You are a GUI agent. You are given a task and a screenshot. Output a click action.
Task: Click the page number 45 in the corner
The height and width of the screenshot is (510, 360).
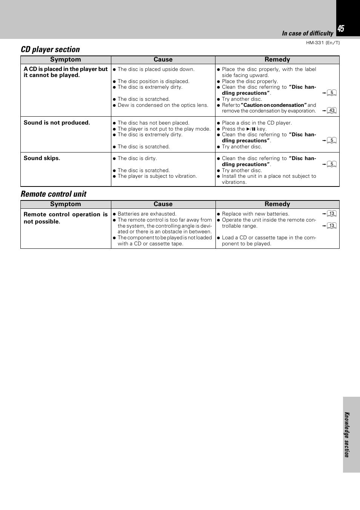point(341,29)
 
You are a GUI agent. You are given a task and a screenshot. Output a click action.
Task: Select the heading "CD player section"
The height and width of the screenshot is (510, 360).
point(50,49)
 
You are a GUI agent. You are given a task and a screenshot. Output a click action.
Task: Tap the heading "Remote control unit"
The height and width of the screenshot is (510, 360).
point(54,194)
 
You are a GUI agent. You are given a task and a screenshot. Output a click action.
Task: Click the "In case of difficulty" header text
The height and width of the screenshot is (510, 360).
point(308,33)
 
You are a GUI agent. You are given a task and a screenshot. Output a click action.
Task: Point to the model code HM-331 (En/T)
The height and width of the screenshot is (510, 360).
point(323,43)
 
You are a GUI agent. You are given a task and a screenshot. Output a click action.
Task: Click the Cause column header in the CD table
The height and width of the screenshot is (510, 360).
point(163,60)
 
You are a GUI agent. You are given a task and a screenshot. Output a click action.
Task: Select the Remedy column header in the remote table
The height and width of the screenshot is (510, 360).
point(277,204)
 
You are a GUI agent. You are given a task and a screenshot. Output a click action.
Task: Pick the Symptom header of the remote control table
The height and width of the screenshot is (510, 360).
point(66,204)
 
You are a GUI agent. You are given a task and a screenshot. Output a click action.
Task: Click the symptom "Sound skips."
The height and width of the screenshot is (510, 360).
point(42,158)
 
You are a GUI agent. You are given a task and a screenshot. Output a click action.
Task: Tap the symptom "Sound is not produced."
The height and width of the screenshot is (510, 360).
point(57,123)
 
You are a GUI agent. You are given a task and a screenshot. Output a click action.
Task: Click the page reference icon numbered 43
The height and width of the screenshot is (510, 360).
point(332,111)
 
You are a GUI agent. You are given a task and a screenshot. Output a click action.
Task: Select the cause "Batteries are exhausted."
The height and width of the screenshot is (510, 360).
point(147,214)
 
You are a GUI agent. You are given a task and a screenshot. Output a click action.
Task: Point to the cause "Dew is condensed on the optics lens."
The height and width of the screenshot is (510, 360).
point(163,105)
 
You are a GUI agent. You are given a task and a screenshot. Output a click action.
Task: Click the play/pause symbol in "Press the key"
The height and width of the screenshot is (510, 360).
point(251,129)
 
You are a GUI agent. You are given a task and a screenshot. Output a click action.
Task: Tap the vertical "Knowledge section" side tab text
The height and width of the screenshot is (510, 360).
point(347,435)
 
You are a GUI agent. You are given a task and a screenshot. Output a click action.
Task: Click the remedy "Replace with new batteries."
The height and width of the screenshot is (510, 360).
point(255,214)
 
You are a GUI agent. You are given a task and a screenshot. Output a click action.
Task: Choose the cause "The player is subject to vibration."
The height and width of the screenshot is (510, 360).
point(157,176)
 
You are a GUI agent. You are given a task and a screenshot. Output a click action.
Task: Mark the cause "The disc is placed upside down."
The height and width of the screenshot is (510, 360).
point(156,69)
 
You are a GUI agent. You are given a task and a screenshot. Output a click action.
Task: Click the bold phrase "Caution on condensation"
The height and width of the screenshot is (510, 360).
point(274,105)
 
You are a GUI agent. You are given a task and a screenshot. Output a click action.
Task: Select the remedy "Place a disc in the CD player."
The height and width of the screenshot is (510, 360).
point(257,123)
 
